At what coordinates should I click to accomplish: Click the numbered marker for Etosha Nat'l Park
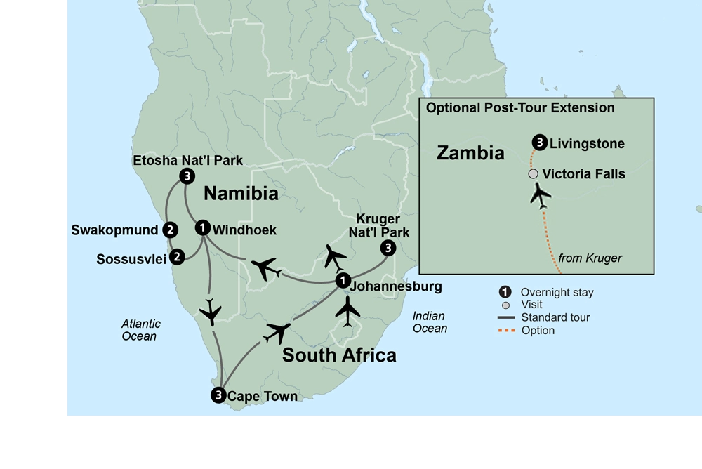coord(186,176)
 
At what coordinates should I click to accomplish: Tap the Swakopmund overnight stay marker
coord(169,230)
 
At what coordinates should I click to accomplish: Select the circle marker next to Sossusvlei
coord(178,257)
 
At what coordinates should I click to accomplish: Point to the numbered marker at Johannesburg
coord(342,280)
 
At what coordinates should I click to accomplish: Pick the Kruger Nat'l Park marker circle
coord(388,248)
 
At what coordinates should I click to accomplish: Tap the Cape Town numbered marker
coord(218,395)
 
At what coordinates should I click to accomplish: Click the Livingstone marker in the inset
coord(539,143)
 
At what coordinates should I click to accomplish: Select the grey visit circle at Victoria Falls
coord(534,173)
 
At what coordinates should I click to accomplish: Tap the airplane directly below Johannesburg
coord(347,311)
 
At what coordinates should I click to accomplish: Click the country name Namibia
coord(241,193)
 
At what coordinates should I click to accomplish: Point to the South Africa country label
coord(339,355)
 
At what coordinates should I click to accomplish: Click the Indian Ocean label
coord(430,322)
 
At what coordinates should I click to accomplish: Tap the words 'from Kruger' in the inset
coord(590,258)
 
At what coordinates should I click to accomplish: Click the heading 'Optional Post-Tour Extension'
coord(520,108)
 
